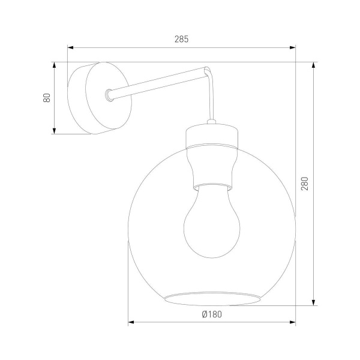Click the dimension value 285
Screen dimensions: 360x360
(x=181, y=39)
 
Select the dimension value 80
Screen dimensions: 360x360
(x=46, y=98)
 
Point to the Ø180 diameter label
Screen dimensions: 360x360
(x=212, y=314)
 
